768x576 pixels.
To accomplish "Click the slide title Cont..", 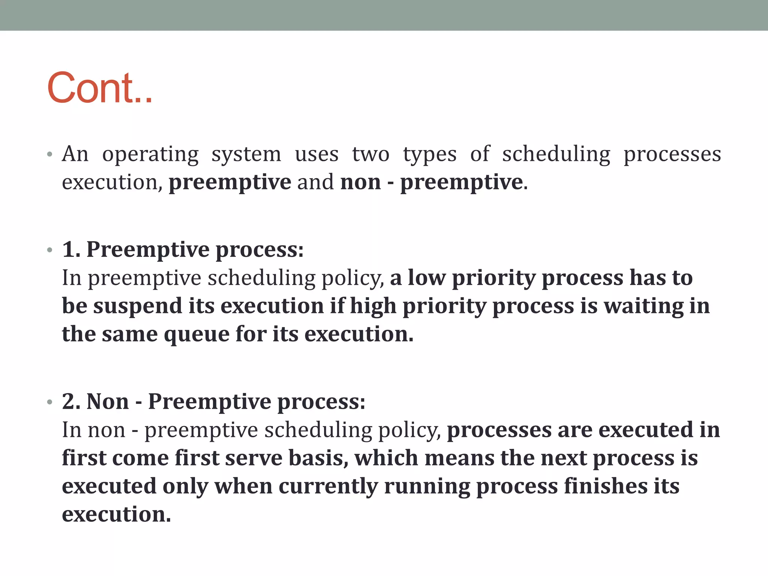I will pos(100,88).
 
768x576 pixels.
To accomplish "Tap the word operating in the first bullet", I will pos(150,154).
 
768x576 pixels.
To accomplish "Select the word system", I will pos(246,154).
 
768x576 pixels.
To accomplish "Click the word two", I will pos(370,154).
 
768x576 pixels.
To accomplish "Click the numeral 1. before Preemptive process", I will pos(71,249).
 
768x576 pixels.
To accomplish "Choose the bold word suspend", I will pos(137,306).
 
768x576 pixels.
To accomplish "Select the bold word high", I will pos(373,306).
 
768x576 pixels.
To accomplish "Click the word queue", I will pos(196,334).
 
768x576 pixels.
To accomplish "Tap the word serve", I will pos(253,458).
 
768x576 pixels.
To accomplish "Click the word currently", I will pos(328,486).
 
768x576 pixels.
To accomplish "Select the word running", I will pos(427,486).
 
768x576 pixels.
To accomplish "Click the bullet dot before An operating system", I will pos(49,154).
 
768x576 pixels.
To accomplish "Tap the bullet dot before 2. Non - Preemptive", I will pos(49,402).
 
